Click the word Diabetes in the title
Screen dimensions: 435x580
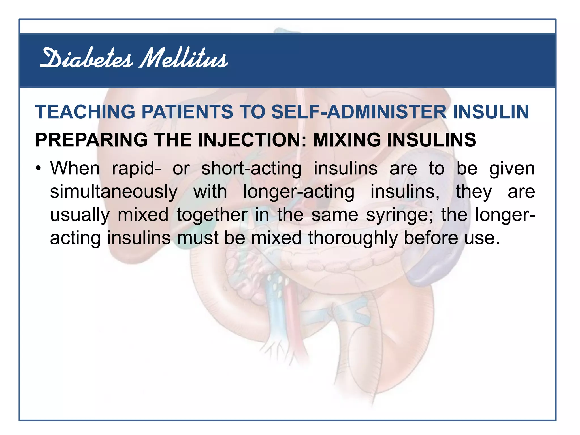[86, 59]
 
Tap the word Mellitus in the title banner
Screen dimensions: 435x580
[184, 59]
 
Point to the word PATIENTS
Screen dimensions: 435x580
[187, 112]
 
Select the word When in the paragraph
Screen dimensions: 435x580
[75, 169]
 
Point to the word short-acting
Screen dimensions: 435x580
[251, 169]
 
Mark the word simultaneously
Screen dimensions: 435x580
[114, 192]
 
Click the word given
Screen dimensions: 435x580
[512, 169]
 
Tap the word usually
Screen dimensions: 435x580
[80, 215]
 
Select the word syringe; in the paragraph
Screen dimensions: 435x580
[400, 215]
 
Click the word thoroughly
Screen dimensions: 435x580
[352, 238]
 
